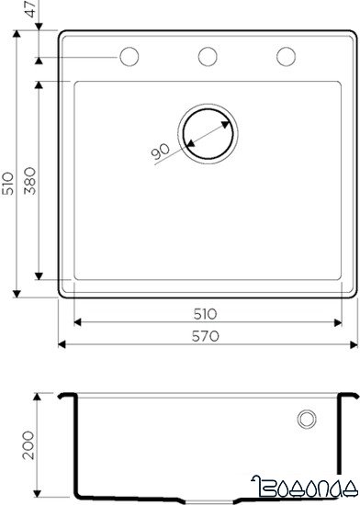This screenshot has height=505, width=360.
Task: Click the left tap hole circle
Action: pyautogui.click(x=129, y=57)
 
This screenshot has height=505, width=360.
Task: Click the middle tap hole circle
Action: pyautogui.click(x=208, y=57)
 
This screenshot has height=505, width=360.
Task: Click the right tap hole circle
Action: pyautogui.click(x=286, y=57)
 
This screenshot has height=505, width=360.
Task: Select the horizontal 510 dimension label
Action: pyautogui.click(x=207, y=312)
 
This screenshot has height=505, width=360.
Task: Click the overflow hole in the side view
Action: pyautogui.click(x=307, y=446)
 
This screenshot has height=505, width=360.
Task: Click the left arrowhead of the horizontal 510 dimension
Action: pyautogui.click(x=76, y=322)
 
